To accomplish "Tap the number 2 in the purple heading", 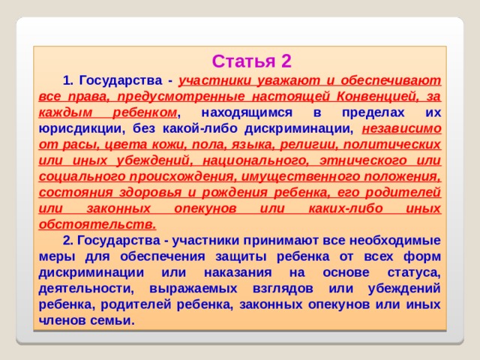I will pyautogui.click(x=286, y=61).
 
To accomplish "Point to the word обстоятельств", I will pyautogui.click(x=96, y=224).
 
